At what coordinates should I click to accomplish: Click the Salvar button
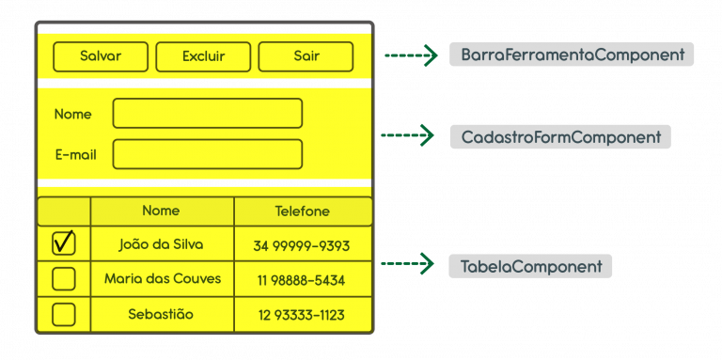[x=101, y=56]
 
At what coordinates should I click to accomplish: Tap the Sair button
[x=306, y=56]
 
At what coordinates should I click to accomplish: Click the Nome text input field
[x=207, y=114]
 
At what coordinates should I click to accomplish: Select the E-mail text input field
[x=207, y=154]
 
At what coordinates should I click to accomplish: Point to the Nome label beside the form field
[x=73, y=114]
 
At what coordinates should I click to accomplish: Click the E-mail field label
[x=76, y=155]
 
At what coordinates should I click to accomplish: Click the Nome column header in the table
[x=161, y=211]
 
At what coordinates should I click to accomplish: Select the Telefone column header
[x=302, y=211]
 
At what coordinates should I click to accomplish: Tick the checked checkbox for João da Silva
[x=64, y=243]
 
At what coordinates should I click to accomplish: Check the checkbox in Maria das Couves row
[x=64, y=279]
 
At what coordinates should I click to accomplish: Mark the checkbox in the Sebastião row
[x=64, y=314]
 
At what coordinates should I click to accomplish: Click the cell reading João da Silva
[x=162, y=244]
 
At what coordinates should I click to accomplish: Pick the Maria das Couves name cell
[x=162, y=279]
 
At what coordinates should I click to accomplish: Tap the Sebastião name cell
[x=161, y=314]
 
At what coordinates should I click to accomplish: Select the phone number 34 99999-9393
[x=302, y=245]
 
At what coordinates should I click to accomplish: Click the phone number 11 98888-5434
[x=302, y=280]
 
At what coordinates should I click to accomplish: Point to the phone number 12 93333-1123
[x=302, y=315]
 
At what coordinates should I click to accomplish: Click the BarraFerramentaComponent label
[x=572, y=55]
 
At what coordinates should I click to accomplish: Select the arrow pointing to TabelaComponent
[x=408, y=265]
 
